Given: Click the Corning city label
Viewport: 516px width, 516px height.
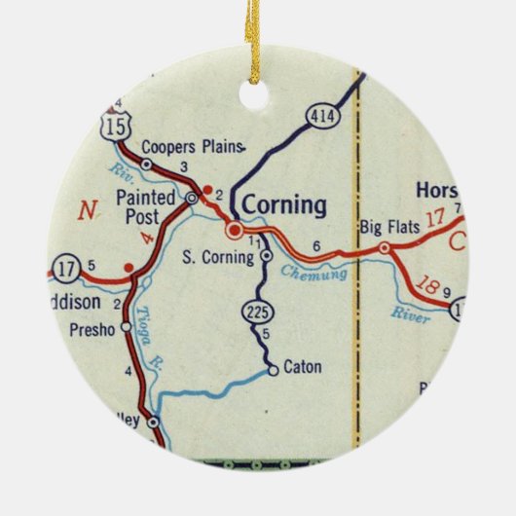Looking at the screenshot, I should tap(283, 205).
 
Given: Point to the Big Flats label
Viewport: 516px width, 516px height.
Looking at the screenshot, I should tap(389, 228).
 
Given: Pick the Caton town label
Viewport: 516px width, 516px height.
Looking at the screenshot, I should tap(302, 369).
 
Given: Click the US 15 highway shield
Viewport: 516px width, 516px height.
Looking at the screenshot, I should tap(116, 126).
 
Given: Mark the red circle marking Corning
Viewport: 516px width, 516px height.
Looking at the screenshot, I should tap(234, 231).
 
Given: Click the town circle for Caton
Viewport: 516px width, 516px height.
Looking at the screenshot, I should tap(274, 369).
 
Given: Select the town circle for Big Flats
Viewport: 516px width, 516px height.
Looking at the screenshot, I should tap(385, 248).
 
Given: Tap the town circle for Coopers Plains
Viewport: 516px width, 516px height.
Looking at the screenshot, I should tap(146, 165).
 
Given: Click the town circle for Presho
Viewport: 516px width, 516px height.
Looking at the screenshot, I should tap(125, 328).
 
